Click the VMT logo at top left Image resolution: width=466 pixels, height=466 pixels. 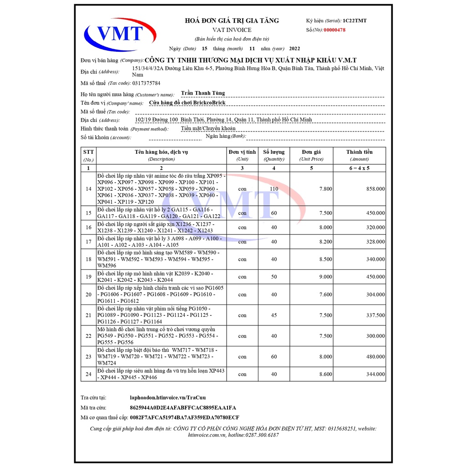click(120, 34)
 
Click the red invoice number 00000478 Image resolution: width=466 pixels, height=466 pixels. click(334, 30)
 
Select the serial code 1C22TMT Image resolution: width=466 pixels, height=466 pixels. click(355, 20)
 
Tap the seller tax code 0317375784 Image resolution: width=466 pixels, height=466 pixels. click(146, 83)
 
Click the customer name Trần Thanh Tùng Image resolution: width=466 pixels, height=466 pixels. click(203, 93)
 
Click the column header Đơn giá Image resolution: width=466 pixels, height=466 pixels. click(311, 152)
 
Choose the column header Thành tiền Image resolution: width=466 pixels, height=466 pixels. click(360, 152)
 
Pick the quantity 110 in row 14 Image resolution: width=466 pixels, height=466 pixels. click(274, 189)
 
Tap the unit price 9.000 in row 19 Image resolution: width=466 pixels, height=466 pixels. click(325, 277)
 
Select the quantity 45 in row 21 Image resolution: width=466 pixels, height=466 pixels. click(274, 315)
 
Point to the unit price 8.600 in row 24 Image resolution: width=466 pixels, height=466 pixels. click(325, 374)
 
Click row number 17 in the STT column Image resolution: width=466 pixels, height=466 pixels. click(88, 242)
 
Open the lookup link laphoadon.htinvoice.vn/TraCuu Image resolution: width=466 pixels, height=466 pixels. click(172, 398)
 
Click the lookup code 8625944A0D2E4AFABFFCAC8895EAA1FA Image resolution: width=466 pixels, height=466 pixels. click(183, 408)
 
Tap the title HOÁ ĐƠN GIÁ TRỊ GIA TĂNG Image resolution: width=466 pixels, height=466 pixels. click(232, 20)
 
